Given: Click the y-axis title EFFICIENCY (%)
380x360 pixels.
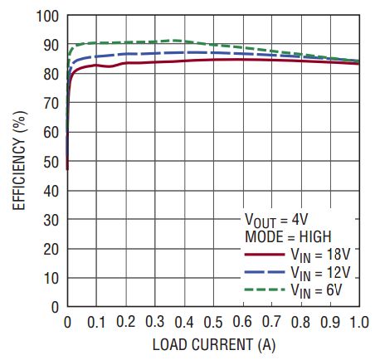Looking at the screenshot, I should point(18,161).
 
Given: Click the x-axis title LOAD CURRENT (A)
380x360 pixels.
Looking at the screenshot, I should point(213,343).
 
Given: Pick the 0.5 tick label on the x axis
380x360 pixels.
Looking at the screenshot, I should point(213,322).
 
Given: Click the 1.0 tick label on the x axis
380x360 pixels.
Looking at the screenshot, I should point(358,322).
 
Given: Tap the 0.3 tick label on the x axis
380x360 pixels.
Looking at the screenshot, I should point(154,322).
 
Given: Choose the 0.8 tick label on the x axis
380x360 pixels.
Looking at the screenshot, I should point(300,322).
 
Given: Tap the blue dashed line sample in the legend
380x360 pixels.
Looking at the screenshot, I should point(264,271).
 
